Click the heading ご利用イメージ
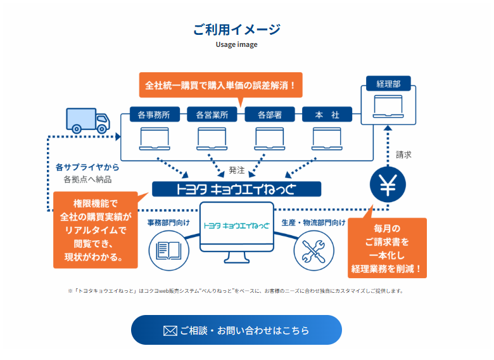point(236,29)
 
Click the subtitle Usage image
point(236,45)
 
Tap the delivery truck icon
point(88,119)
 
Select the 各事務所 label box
point(155,115)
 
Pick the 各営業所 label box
point(212,115)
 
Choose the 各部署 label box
point(269,115)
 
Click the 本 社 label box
point(327,115)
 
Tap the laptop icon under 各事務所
point(155,138)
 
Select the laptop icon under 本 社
point(327,138)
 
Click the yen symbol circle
point(387,186)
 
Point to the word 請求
point(404,154)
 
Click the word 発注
point(237,170)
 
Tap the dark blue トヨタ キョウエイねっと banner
point(236,189)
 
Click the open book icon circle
point(168,249)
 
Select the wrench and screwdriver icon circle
point(313,249)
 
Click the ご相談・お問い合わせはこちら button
point(236,330)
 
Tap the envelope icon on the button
point(170,330)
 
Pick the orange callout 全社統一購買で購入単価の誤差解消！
point(220,84)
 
